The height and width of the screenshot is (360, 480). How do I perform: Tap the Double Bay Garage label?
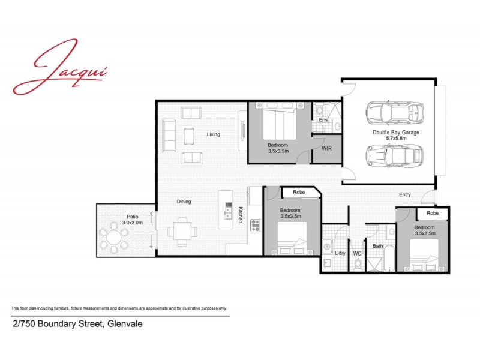pos(395,132)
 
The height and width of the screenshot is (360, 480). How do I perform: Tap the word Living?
pos(213,134)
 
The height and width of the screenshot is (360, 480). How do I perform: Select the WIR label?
pos(327,148)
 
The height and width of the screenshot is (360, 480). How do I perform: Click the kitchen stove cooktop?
pos(254,226)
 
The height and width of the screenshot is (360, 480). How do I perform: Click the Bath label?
pos(377,246)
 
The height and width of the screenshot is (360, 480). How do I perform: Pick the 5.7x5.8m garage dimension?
pos(395,139)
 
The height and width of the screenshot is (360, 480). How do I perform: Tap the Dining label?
pos(184,202)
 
